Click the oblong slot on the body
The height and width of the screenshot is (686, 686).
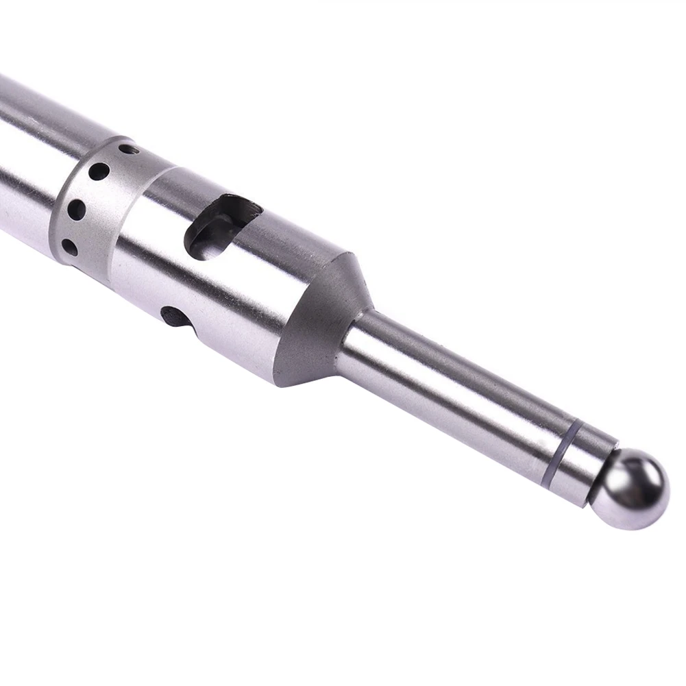[222, 226]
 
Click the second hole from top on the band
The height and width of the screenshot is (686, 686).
[99, 171]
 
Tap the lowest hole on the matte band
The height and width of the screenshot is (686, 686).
[69, 246]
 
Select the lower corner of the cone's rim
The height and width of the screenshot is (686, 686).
[278, 381]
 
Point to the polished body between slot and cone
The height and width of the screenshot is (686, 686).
[274, 281]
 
